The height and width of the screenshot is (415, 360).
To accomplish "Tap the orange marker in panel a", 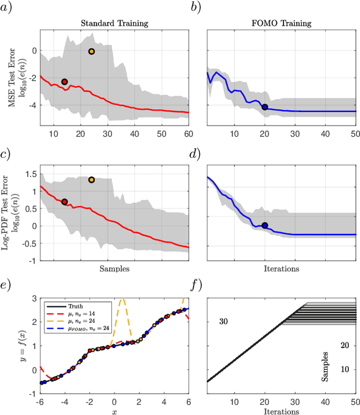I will click(x=92, y=51).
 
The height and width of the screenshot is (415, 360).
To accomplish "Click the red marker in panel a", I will click(x=65, y=82).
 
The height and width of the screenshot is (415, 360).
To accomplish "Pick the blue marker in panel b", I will click(x=264, y=107).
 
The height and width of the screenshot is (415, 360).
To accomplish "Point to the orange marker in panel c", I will click(x=92, y=180).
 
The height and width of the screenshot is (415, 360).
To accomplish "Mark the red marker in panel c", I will click(x=65, y=202).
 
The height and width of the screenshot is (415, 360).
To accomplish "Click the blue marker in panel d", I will click(x=264, y=225).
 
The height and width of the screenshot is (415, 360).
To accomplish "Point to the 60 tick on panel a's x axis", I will click(x=188, y=133).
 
